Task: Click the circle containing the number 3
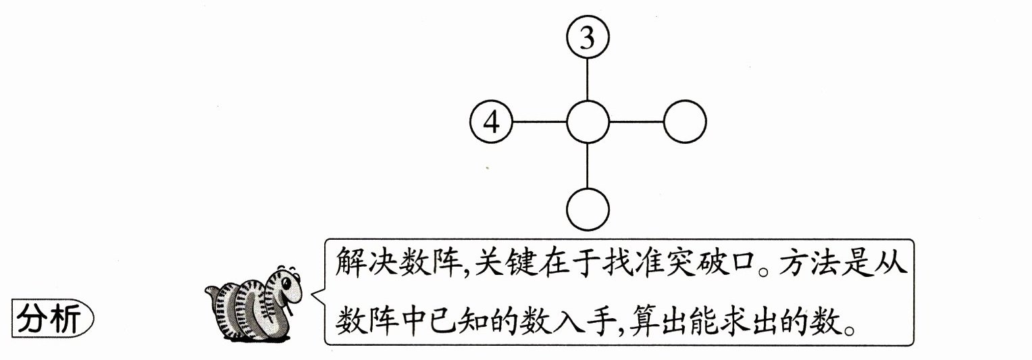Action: (588, 38)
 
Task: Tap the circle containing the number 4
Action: (492, 123)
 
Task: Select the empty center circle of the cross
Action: (588, 123)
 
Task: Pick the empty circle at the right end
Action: (685, 123)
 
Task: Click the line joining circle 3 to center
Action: (588, 80)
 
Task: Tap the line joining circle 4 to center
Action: (540, 123)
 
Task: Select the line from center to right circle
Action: (636, 123)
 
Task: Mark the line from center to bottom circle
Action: (588, 165)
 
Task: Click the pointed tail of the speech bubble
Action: (314, 295)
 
